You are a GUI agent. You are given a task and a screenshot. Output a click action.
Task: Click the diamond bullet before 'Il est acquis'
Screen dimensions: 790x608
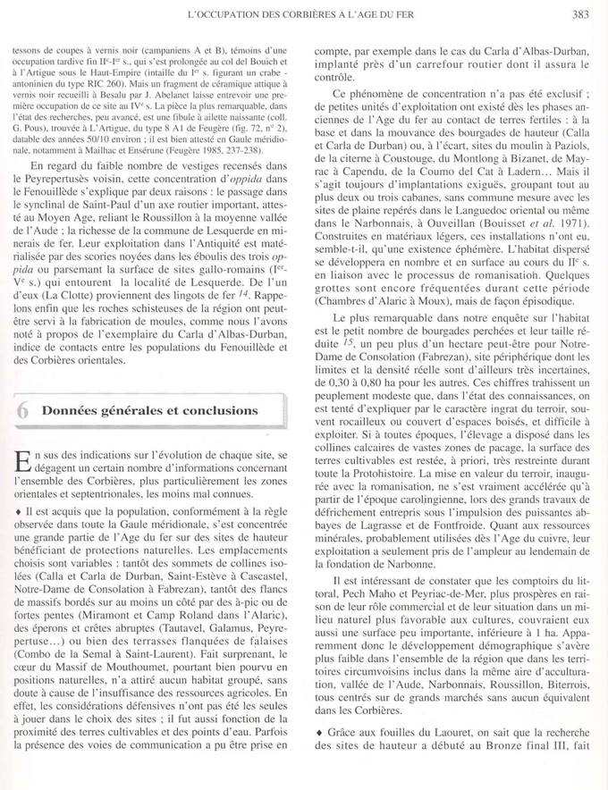pyautogui.click(x=20, y=508)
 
